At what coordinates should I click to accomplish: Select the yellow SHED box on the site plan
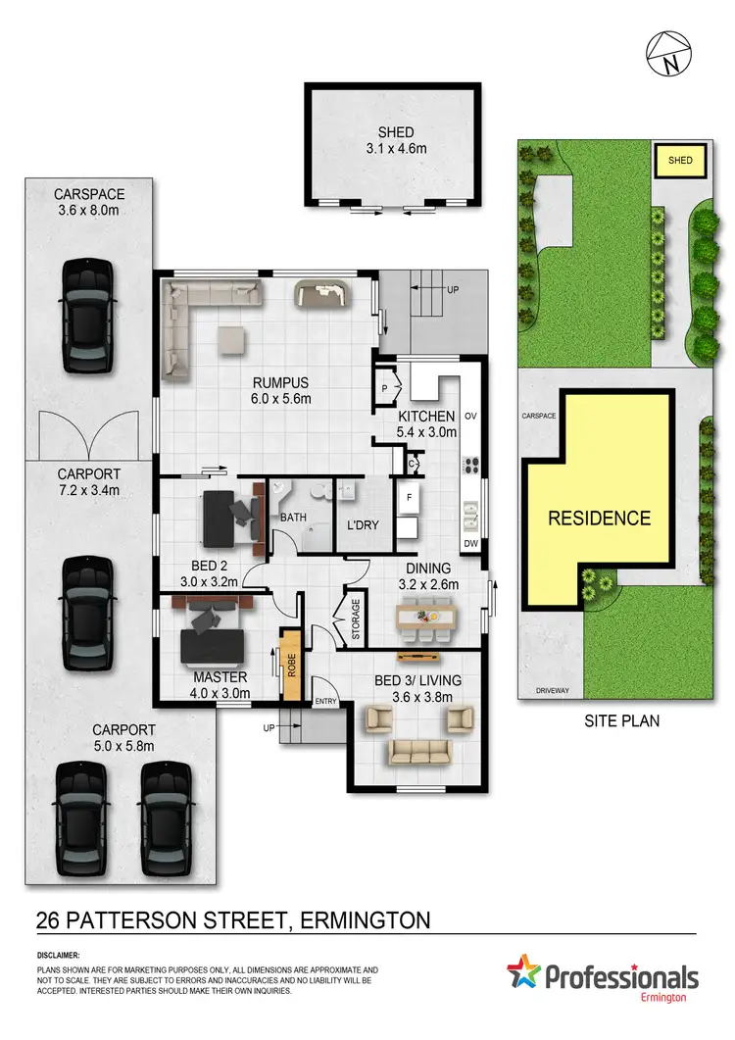click(x=680, y=160)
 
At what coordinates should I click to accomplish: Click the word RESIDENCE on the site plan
click(x=599, y=518)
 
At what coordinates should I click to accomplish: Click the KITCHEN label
click(x=425, y=418)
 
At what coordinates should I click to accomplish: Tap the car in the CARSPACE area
click(x=86, y=316)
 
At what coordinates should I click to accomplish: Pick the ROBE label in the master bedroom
click(x=291, y=664)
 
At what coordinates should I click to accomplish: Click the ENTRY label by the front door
click(x=325, y=702)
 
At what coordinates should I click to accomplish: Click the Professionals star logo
click(x=524, y=976)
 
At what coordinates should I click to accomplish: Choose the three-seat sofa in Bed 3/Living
click(x=418, y=752)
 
